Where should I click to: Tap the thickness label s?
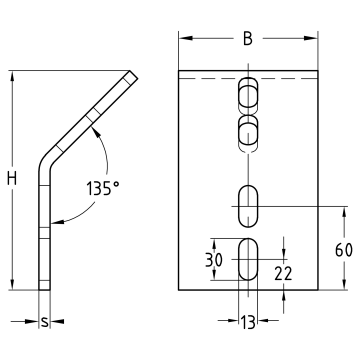[44, 324]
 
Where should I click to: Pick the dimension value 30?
[214, 258]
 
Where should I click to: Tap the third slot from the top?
[246, 206]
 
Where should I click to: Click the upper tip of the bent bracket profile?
[131, 75]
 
